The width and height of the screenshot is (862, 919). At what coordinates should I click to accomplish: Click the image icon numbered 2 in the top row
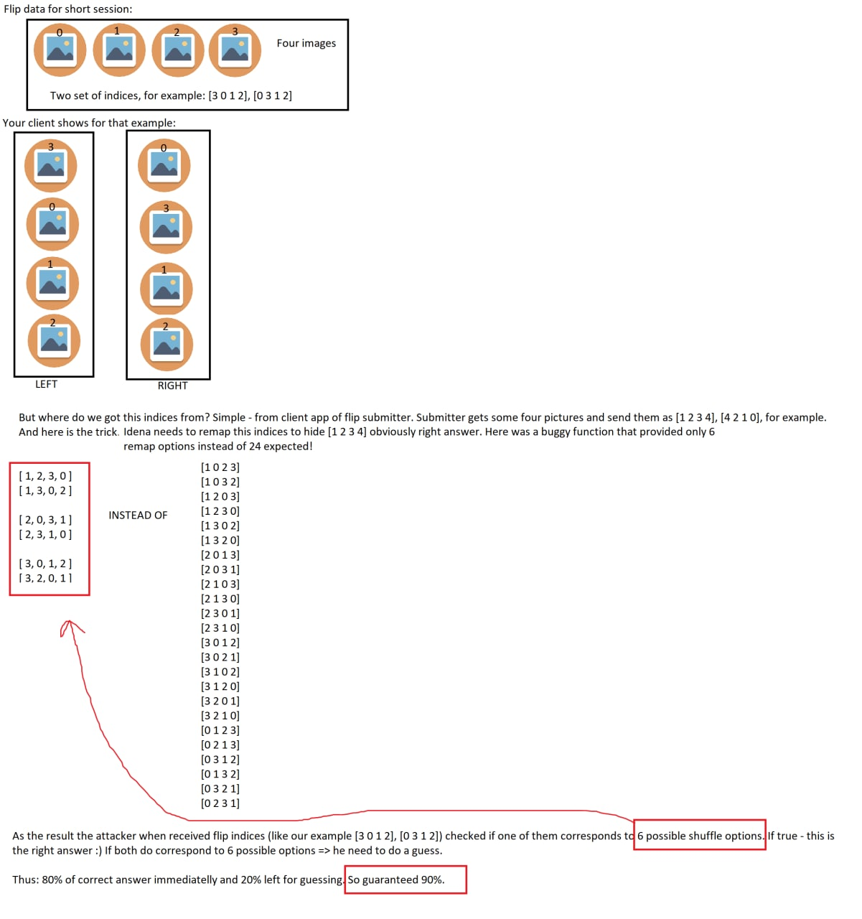tap(178, 50)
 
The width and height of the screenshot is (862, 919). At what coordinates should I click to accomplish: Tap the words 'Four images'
tap(306, 43)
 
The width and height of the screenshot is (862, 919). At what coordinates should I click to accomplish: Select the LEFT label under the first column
tap(46, 384)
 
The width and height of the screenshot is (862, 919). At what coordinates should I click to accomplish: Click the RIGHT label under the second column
tap(172, 386)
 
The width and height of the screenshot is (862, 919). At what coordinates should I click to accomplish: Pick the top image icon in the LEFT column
tap(51, 166)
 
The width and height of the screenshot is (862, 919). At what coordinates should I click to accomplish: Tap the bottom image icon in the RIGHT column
tap(167, 345)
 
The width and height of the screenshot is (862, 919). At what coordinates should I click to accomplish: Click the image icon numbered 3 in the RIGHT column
tap(166, 227)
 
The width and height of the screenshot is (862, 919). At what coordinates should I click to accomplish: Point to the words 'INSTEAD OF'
tap(138, 515)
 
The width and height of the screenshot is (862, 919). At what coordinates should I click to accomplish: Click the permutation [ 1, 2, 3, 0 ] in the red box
tap(45, 476)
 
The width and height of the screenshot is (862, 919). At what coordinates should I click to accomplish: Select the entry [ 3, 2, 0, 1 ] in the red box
tap(45, 578)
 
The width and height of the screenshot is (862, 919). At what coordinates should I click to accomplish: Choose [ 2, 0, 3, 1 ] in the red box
tap(45, 520)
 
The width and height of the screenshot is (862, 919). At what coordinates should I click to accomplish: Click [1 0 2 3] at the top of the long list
tap(220, 467)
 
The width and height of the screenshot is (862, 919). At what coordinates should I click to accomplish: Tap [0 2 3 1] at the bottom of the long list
tap(220, 803)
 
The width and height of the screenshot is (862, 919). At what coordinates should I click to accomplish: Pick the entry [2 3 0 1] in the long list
tap(220, 613)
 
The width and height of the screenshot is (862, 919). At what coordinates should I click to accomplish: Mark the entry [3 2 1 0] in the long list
tap(220, 715)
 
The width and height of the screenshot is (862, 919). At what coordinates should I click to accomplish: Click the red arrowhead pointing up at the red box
tap(69, 622)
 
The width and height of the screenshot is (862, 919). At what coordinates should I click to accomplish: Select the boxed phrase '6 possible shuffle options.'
tap(700, 836)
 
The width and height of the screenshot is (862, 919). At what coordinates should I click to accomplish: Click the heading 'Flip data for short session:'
tap(68, 9)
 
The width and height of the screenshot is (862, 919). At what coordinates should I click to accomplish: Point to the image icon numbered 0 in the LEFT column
tap(52, 225)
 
